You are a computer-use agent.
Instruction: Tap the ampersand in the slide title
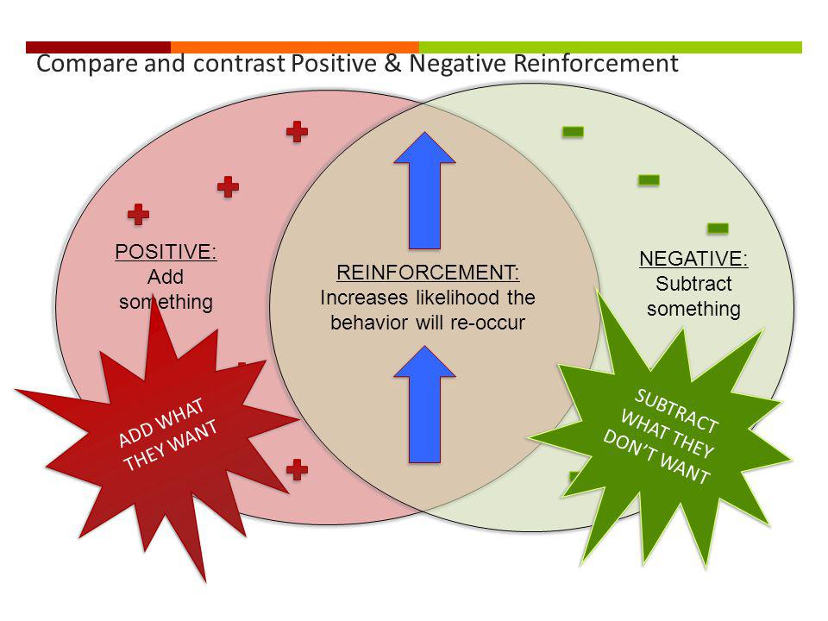coord(393,63)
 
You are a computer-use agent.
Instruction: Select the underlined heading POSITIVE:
coord(166,252)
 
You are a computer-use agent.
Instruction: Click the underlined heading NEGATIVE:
coord(693,259)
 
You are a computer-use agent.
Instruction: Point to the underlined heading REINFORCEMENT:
coord(428,273)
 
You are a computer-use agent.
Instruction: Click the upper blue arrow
coord(424,190)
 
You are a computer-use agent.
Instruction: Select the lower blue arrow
coord(424,405)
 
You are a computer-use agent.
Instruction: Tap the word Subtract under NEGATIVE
coord(693,284)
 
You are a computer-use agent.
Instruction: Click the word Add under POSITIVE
coord(166,277)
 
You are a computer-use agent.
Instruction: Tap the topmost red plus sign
coord(298,131)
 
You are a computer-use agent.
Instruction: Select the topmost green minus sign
coord(573,131)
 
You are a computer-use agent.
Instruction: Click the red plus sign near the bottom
coord(298,469)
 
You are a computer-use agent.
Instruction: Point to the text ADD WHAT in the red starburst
coord(161,423)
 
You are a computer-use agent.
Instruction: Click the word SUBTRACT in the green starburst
coord(676,411)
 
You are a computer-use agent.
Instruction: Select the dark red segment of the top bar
coord(98,47)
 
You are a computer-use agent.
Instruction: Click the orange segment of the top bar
coord(295,47)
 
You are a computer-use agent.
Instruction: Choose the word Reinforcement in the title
coord(596,63)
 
